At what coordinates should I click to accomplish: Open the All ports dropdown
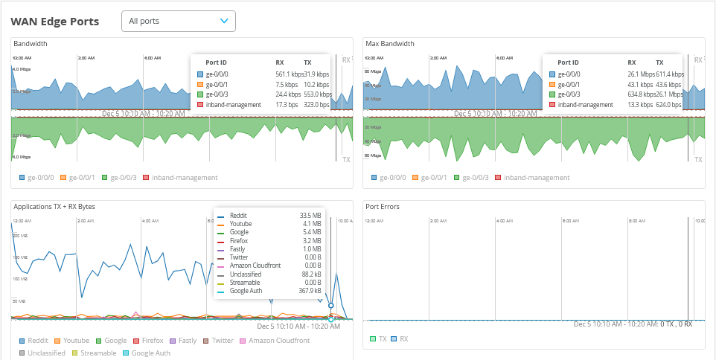178,22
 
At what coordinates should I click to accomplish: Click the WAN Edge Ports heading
55,22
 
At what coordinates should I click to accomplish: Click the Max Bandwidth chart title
390,44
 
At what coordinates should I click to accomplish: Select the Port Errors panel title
383,206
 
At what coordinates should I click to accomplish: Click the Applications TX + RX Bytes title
54,206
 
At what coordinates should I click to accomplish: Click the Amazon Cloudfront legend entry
273,341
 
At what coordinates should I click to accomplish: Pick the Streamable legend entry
93,353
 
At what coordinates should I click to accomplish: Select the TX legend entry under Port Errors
379,338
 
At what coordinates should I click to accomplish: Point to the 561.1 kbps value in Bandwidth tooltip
290,74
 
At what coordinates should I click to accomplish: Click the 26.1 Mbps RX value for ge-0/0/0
641,74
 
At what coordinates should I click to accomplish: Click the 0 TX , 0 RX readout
677,324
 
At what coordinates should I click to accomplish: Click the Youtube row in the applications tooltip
240,223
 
